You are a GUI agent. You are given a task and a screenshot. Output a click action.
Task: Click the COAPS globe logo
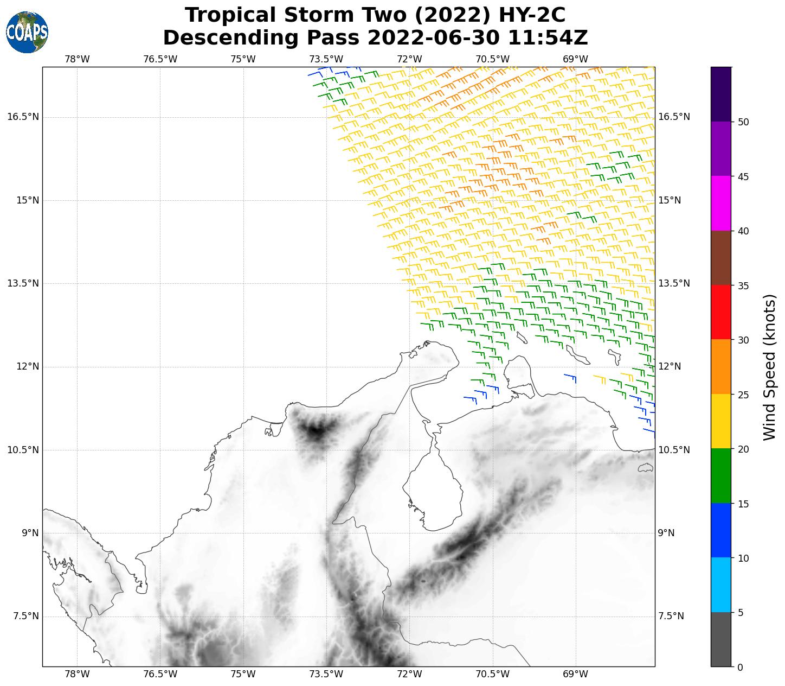click(x=27, y=33)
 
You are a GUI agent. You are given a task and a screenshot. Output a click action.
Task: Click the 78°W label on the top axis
click(x=77, y=59)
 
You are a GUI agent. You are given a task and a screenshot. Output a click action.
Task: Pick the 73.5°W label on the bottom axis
click(x=326, y=675)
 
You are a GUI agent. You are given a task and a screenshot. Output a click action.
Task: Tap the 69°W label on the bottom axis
click(x=575, y=675)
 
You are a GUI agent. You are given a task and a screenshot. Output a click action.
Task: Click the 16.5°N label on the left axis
click(x=23, y=117)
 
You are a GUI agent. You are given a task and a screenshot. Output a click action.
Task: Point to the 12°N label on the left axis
click(x=27, y=367)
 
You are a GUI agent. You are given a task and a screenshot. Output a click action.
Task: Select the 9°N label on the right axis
click(x=666, y=533)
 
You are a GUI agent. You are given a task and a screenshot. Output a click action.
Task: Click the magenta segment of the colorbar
click(x=721, y=204)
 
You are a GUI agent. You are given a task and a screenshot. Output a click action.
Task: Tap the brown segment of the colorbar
click(x=721, y=258)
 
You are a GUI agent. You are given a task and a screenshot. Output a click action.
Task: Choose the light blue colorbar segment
click(x=721, y=585)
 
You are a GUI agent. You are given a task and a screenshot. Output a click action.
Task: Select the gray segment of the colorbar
click(x=721, y=639)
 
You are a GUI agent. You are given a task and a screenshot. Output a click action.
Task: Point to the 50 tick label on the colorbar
click(x=743, y=122)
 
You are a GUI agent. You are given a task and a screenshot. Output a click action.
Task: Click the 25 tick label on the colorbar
click(x=743, y=395)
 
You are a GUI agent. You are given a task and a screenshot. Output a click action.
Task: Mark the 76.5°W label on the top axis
click(x=160, y=59)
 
